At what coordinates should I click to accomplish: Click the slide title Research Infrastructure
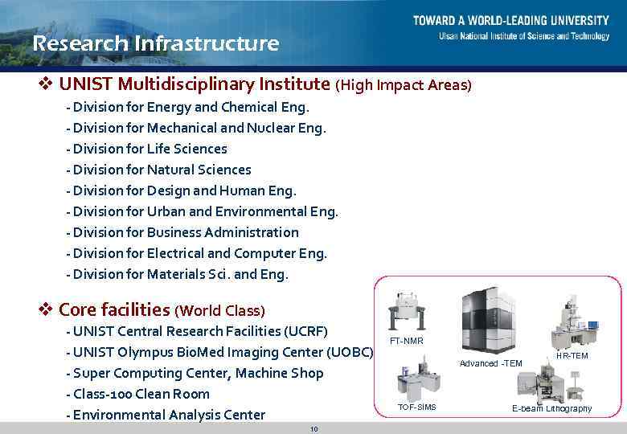[155, 43]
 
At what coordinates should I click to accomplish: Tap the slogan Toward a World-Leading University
[511, 20]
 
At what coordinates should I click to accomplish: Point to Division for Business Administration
[186, 232]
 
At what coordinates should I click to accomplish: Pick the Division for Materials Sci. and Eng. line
[180, 274]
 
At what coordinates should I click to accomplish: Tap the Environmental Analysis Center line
[169, 415]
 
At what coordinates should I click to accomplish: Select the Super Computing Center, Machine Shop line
[199, 373]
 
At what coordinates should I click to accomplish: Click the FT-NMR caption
[406, 341]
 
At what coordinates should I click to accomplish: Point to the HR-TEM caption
[572, 355]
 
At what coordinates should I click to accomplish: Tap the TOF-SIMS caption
[416, 407]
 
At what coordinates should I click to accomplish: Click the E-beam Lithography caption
[551, 408]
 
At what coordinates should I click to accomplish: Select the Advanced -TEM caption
[490, 363]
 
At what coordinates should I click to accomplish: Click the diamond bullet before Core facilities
[46, 309]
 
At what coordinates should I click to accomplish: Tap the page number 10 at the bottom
[313, 429]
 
